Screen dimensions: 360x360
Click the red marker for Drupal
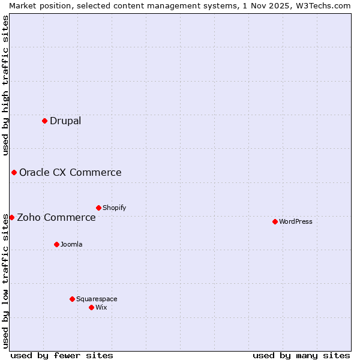44,121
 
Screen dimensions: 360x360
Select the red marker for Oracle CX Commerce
14,173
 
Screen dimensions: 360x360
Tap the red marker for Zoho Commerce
11,217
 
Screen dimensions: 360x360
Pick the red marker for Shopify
98,208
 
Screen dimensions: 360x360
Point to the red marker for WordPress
275,221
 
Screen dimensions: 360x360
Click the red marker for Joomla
56,244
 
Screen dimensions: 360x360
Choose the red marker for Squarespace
72,299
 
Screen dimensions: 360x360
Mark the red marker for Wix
91,307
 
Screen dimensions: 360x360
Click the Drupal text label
65,121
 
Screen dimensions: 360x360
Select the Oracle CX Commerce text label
70,173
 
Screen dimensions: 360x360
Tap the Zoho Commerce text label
56,218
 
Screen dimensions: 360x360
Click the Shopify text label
115,208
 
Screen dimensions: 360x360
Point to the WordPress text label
296,222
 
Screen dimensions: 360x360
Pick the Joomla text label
71,245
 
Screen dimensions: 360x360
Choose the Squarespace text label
97,299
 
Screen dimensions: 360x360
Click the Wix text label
101,308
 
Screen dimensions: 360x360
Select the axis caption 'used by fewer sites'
62,355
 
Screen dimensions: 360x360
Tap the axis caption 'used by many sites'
301,355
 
